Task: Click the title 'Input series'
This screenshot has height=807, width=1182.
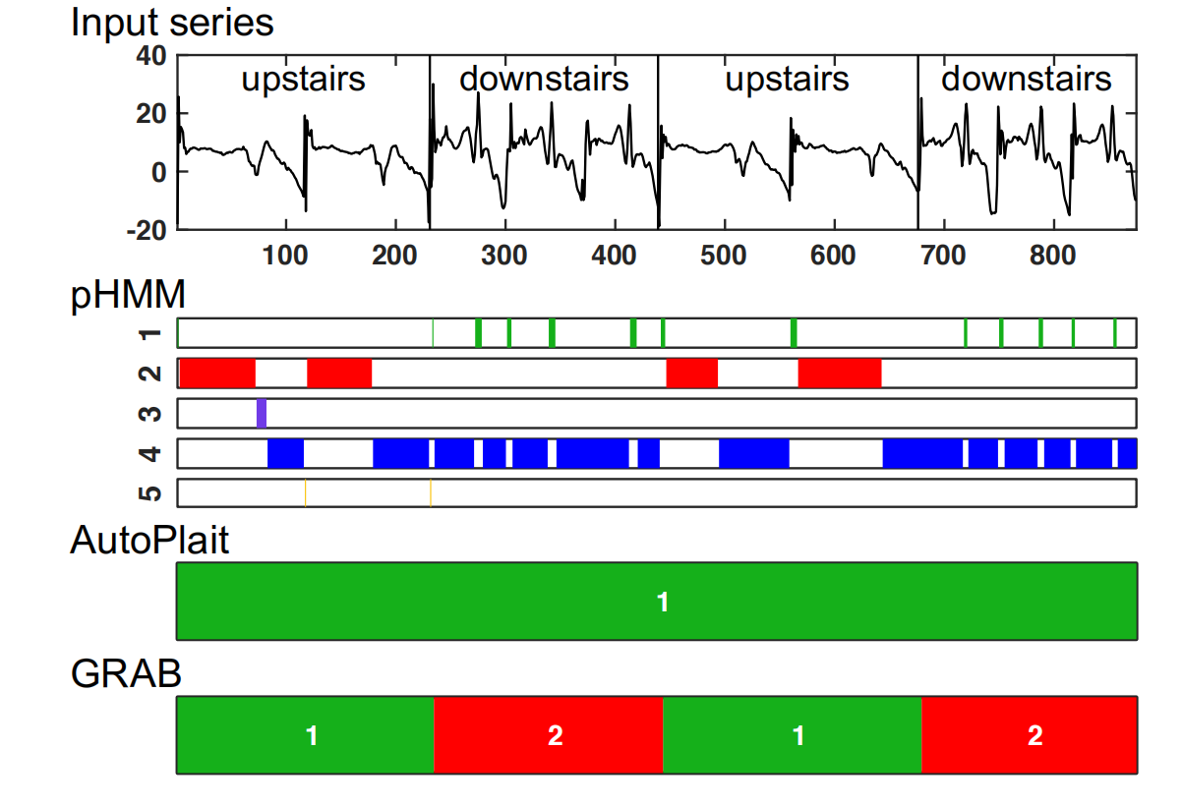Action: tap(172, 23)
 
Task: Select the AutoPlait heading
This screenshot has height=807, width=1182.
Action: tap(149, 540)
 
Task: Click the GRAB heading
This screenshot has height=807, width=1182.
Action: tap(126, 673)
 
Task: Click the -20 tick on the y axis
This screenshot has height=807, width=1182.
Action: tap(146, 230)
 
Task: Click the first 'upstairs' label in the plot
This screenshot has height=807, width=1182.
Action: tap(303, 79)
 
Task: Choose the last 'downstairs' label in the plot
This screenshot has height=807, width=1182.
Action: tap(1026, 79)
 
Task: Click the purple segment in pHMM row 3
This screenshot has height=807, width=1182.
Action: tap(262, 413)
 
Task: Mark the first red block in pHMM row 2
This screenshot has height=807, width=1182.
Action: tap(217, 374)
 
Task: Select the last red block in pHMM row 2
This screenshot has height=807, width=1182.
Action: tap(839, 374)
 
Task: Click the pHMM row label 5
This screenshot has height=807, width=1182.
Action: tap(149, 491)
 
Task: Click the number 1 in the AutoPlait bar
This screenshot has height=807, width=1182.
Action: tap(662, 601)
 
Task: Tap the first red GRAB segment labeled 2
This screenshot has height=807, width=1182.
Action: tap(555, 735)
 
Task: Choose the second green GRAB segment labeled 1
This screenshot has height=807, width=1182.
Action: tap(798, 735)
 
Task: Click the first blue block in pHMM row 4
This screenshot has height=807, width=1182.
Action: tap(285, 453)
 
